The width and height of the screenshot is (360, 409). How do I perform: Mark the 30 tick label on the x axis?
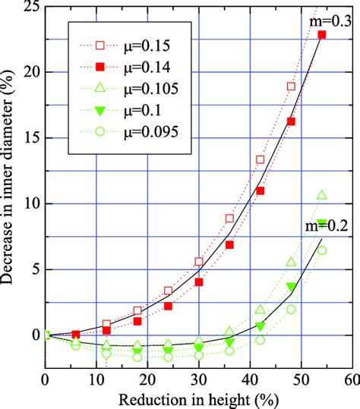[197, 379]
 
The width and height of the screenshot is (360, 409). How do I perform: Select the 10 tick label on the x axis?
[96, 379]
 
